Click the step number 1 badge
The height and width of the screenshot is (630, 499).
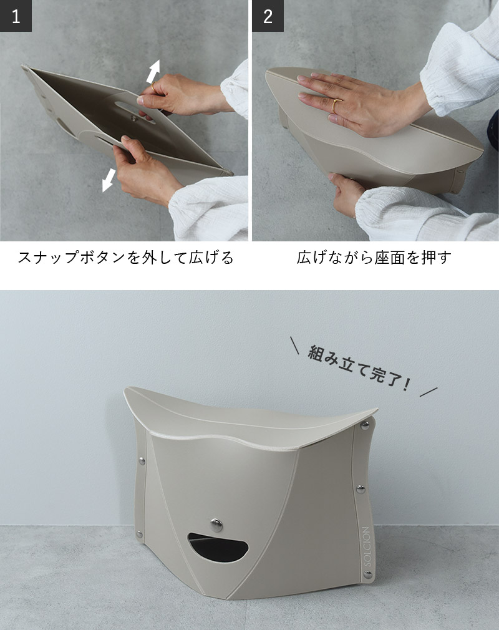tap(16, 16)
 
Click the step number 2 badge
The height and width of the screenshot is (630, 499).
tap(268, 16)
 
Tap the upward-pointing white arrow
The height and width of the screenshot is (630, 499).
tap(153, 71)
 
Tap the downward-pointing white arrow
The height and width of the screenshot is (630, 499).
tap(109, 180)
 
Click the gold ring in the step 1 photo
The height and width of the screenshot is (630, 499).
tap(153, 85)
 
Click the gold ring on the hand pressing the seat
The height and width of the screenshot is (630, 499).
tap(336, 106)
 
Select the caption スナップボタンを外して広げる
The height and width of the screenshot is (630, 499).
tap(125, 258)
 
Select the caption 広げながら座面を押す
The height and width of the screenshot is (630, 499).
tap(374, 258)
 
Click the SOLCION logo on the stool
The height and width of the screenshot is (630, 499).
tap(366, 546)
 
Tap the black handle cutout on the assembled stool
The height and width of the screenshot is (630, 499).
tap(218, 547)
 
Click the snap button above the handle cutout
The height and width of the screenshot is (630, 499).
tap(216, 524)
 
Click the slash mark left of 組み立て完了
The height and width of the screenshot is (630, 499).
tap(294, 345)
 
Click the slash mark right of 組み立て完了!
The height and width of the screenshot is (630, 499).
tap(429, 392)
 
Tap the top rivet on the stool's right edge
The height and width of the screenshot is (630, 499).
tap(366, 425)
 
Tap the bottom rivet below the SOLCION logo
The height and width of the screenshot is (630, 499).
tap(367, 575)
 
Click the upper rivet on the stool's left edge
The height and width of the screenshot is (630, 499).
tap(142, 461)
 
